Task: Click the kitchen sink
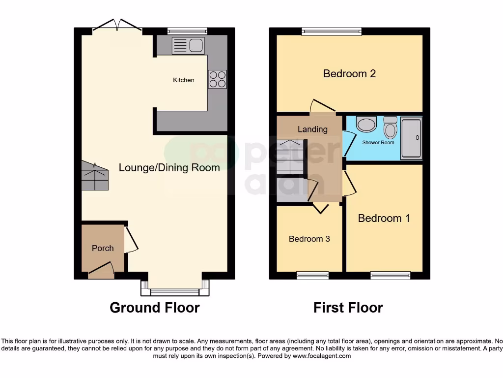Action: [x=188, y=46]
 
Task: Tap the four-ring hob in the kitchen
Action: [x=218, y=79]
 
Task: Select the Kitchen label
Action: [x=183, y=80]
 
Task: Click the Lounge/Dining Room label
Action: [x=169, y=168]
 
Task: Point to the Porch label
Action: [x=103, y=248]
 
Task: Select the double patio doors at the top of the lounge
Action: [x=117, y=26]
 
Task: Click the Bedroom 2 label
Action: [x=349, y=74]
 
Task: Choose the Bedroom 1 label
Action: [x=384, y=218]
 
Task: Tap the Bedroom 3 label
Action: [x=309, y=239]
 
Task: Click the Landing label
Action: [x=312, y=129]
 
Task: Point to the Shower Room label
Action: [x=378, y=143]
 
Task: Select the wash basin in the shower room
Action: [x=366, y=124]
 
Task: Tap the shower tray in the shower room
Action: [x=411, y=138]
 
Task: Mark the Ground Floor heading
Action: [x=154, y=308]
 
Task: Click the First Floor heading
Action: [x=348, y=308]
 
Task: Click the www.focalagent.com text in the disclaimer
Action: [x=322, y=356]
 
